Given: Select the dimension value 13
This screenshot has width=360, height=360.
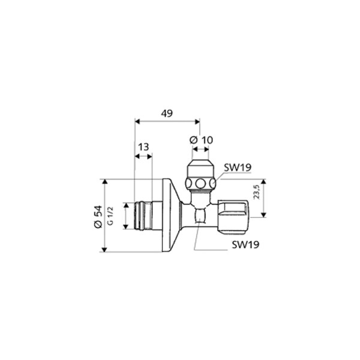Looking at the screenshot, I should (143, 147).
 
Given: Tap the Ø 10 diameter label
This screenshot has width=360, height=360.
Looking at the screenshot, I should (201, 140).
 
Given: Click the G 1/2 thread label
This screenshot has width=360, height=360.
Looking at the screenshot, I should (110, 215).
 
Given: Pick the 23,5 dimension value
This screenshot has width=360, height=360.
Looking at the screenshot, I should (256, 192).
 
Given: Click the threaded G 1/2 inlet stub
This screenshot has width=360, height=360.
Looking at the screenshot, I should (143, 215).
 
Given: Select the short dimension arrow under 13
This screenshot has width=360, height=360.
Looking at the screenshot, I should (143, 156).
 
